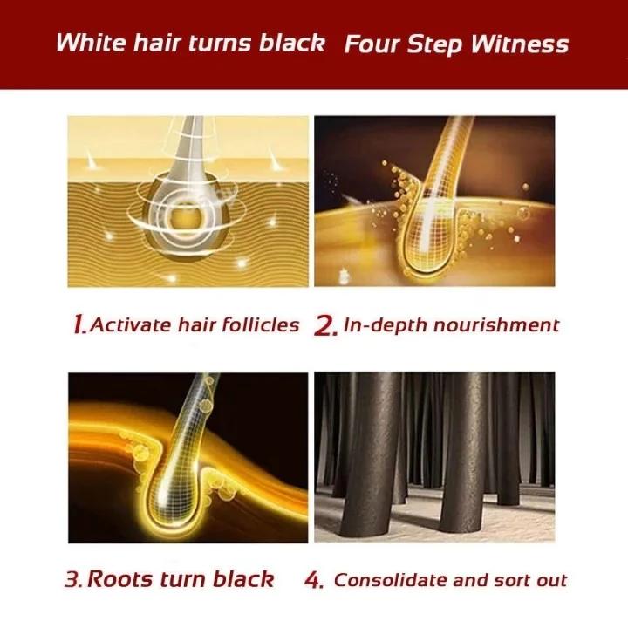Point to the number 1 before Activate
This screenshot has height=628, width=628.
pos(78,325)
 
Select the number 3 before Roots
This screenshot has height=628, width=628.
pos(74,579)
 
